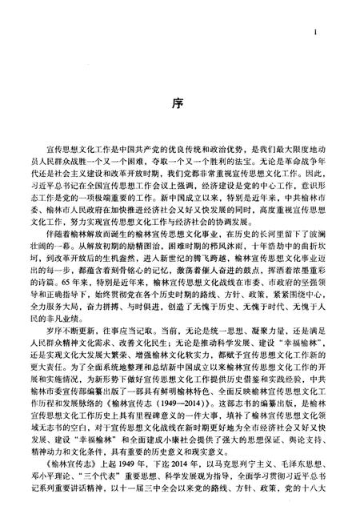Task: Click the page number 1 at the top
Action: [318, 33]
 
